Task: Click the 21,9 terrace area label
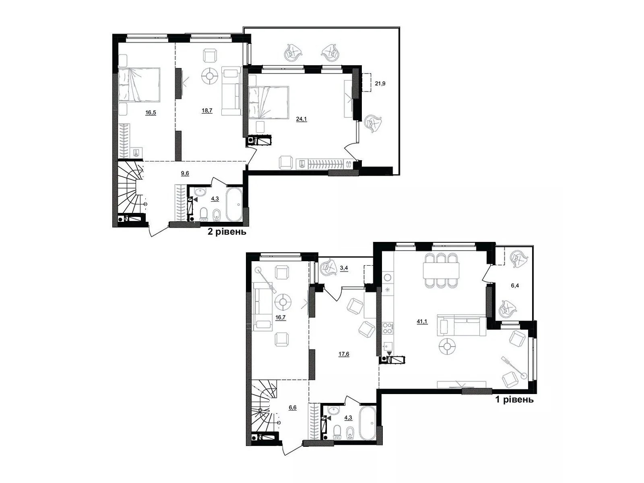click(380, 84)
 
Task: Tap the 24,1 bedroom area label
click(301, 119)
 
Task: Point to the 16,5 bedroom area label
click(151, 113)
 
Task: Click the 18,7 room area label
click(207, 110)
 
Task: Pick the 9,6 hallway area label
click(185, 173)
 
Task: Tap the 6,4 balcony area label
click(515, 286)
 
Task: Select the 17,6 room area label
click(344, 354)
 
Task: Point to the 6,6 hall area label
click(293, 407)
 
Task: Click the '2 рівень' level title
click(227, 232)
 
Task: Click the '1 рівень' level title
click(514, 400)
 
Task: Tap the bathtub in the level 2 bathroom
click(233, 205)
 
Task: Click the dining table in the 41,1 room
click(441, 270)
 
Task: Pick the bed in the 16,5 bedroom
click(139, 84)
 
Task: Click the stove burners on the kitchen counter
click(387, 328)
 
